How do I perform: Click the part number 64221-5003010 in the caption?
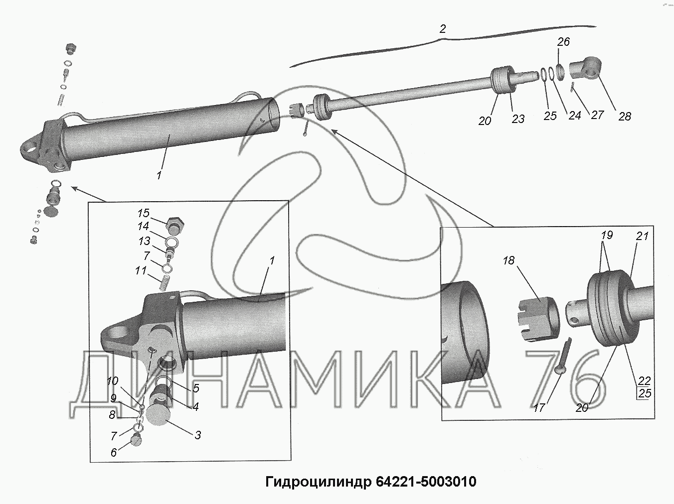click(426, 482)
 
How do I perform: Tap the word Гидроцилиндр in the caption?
click(318, 482)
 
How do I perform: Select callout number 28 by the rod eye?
click(624, 117)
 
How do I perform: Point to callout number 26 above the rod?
click(563, 42)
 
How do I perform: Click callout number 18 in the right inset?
click(508, 260)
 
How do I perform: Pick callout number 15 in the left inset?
click(143, 213)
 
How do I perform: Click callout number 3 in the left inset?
click(198, 435)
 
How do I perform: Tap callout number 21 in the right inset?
click(642, 236)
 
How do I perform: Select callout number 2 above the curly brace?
click(443, 29)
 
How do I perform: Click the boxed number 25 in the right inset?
click(644, 394)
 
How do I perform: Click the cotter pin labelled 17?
click(563, 356)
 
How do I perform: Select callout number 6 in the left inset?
click(114, 453)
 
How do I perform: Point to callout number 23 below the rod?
click(518, 119)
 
